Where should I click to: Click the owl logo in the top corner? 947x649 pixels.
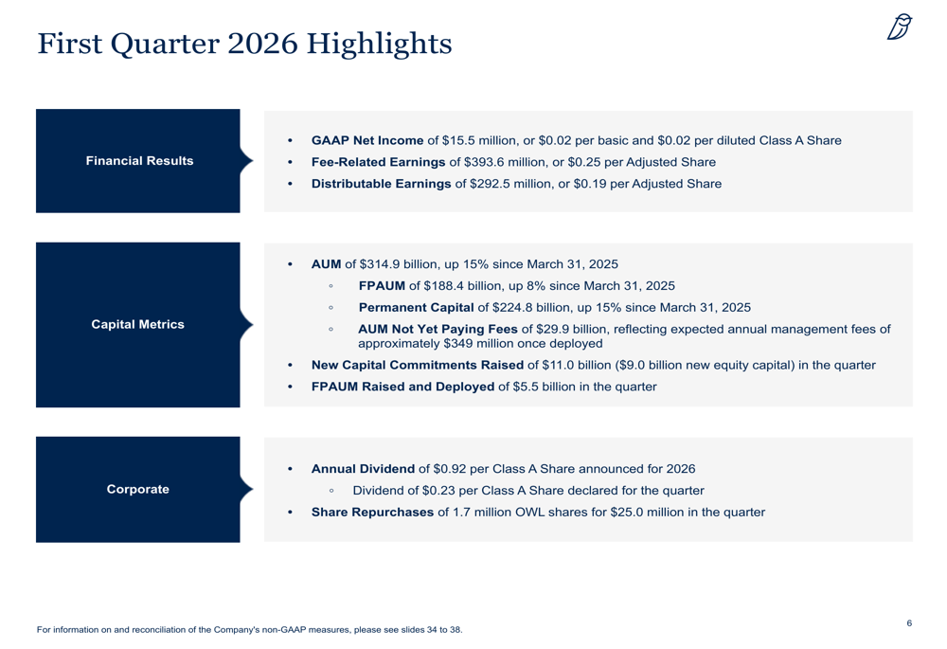pos(900,27)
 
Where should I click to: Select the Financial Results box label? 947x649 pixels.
pos(139,161)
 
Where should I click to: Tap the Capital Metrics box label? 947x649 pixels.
pos(137,325)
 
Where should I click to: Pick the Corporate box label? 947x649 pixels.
pos(137,490)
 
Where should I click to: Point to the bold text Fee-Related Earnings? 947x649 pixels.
pos(378,162)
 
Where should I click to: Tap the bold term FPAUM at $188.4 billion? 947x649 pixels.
pos(382,286)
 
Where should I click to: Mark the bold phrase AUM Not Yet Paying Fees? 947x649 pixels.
pos(438,330)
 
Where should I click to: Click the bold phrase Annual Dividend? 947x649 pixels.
pos(363,469)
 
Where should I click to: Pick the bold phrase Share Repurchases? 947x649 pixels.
pos(372,513)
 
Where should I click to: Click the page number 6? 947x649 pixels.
pos(909,622)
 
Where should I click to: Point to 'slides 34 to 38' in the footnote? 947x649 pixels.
pos(426,629)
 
